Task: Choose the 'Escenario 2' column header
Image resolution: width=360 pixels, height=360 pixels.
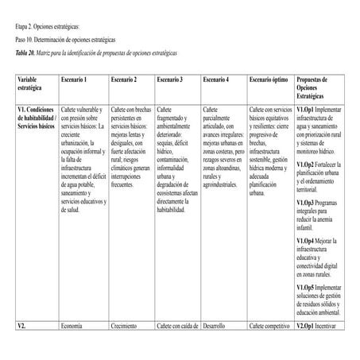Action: pos(124,80)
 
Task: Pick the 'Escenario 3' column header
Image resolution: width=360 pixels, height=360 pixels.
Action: pos(170,80)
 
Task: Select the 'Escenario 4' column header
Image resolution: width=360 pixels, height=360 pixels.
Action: pos(216,80)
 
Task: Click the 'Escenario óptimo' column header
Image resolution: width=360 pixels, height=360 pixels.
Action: pos(269,80)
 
